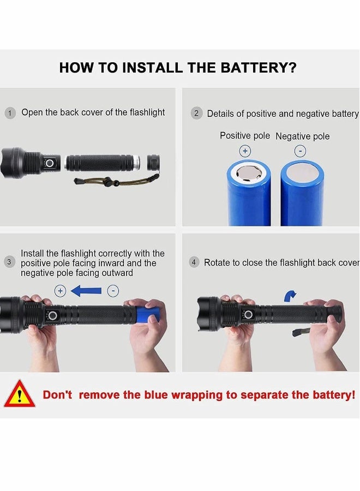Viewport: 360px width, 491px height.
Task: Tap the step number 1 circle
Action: pos(10,113)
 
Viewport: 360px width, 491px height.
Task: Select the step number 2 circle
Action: pos(196,113)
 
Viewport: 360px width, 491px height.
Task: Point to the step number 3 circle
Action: pos(9,262)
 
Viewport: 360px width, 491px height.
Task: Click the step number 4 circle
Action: pos(194,262)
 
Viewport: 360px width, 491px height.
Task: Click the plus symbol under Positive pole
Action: pos(245,151)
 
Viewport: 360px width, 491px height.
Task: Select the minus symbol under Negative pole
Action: pos(300,151)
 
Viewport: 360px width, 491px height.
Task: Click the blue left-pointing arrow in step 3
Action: pos(86,291)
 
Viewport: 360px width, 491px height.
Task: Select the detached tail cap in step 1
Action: pos(153,163)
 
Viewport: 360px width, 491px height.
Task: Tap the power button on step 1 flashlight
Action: pos(50,163)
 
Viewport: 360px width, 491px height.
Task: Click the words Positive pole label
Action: pos(244,136)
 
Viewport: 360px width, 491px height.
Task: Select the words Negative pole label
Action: pos(302,136)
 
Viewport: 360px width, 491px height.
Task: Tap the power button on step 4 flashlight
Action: pos(248,314)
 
